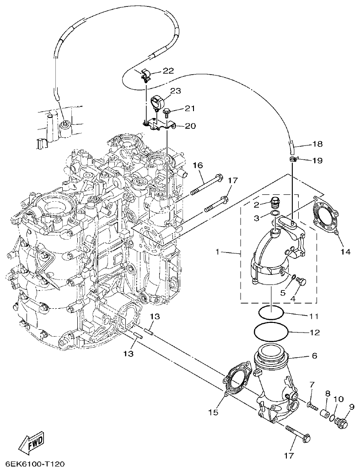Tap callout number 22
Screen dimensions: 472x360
tap(168, 70)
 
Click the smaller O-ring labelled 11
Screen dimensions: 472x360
tap(271, 313)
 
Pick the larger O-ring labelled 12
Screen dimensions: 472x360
tap(271, 332)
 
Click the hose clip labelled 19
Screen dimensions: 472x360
tap(294, 159)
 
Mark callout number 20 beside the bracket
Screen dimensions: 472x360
tap(190, 126)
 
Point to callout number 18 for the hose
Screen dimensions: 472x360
tap(317, 144)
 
